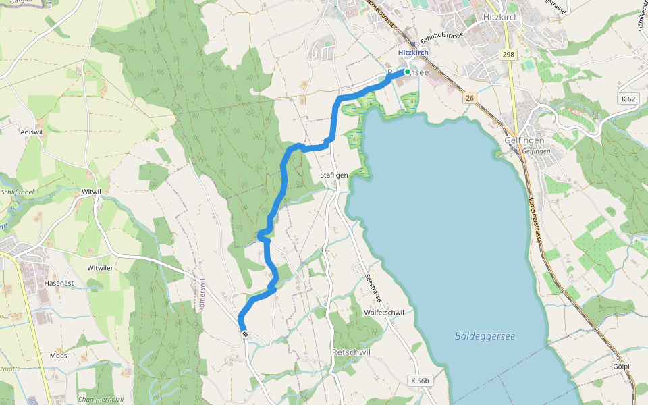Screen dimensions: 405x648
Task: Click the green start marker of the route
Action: [408, 71]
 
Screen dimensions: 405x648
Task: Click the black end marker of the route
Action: [244, 333]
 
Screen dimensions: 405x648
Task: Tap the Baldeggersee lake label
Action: [485, 335]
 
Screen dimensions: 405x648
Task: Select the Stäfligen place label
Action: [334, 175]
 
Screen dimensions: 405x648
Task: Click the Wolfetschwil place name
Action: [383, 313]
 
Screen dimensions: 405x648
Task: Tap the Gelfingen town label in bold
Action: [524, 140]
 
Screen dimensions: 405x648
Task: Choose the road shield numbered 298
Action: [508, 54]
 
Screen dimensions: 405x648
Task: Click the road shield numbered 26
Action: [469, 99]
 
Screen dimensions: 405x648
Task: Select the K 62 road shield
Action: [628, 99]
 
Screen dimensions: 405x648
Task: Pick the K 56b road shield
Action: [420, 381]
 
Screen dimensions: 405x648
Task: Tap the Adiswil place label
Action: [31, 131]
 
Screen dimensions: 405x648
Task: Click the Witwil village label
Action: [90, 192]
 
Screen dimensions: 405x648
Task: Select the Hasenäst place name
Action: [57, 283]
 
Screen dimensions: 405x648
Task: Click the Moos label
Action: [59, 355]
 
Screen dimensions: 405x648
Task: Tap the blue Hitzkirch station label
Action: [413, 52]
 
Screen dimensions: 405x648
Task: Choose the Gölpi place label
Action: [622, 367]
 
